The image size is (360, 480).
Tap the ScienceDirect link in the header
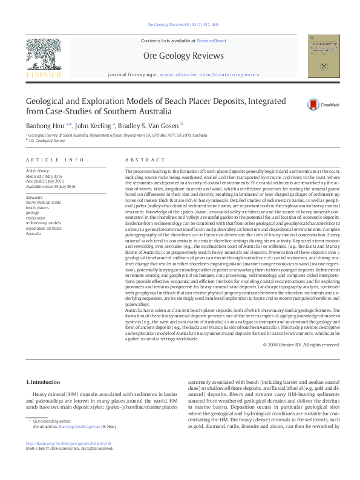point(211,40)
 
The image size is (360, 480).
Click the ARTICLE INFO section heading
point(54,160)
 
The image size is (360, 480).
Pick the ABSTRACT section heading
point(140,160)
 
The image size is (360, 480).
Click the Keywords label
point(34,197)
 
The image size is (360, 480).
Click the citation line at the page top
point(179,25)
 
